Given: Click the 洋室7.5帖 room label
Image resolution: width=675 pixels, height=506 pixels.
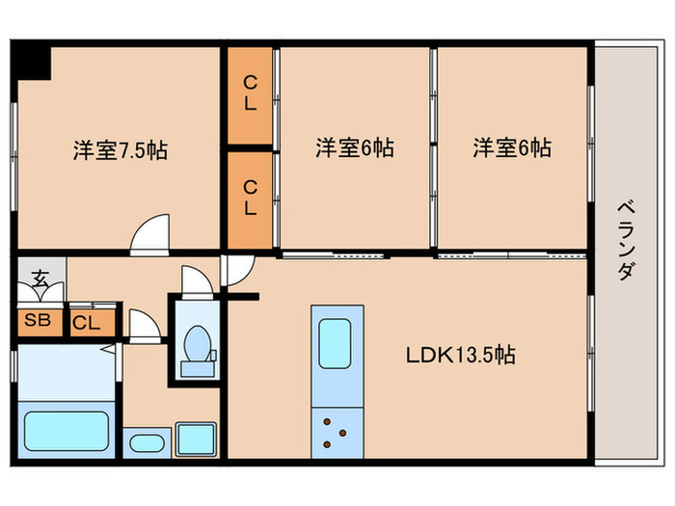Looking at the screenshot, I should click(120, 151).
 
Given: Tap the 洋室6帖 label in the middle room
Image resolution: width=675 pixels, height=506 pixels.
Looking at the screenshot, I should click(355, 148).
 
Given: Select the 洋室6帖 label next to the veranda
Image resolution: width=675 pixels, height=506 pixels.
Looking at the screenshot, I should click(512, 148).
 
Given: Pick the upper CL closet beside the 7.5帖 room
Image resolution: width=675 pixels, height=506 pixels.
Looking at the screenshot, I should click(250, 94).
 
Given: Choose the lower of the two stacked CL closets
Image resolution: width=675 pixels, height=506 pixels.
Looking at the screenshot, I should click(250, 197).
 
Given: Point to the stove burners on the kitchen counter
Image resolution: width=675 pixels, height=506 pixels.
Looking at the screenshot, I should click(337, 432).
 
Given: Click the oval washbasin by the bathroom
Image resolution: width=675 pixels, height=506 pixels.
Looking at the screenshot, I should click(147, 444).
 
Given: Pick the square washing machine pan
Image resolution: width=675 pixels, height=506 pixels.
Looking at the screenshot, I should click(197, 439).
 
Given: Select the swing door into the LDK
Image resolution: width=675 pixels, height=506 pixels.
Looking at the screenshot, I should click(236, 272).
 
